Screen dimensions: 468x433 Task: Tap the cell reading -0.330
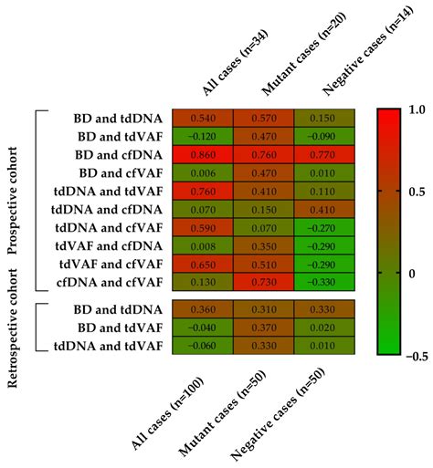(323, 283)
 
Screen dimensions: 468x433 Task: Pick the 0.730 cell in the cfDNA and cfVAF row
(263, 283)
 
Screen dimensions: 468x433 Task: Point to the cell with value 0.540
(203, 118)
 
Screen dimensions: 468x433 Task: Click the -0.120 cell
(203, 136)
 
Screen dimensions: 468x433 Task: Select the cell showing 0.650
(203, 265)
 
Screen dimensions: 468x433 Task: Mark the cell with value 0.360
(203, 309)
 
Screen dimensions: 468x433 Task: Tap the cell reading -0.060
(203, 346)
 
